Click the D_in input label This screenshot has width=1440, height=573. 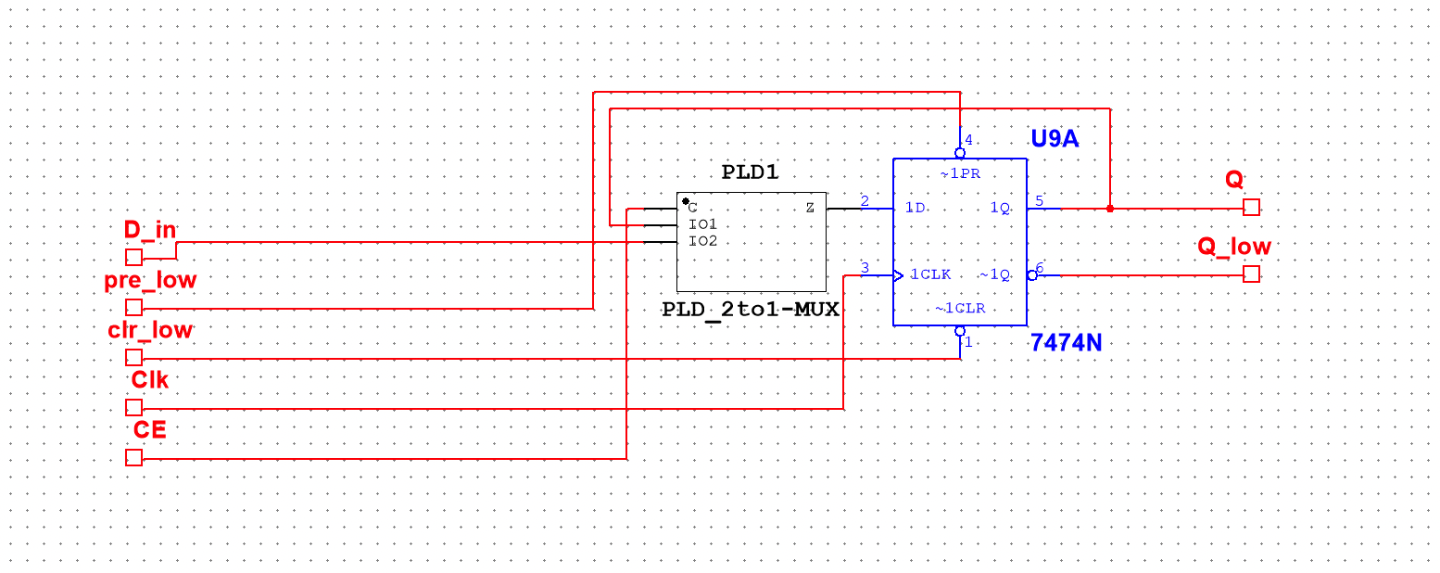tap(151, 230)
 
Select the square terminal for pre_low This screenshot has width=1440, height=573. tap(133, 307)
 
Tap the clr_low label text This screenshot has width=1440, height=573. tap(150, 329)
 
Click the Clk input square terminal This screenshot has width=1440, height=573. tap(133, 407)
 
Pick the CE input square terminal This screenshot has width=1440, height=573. tap(133, 457)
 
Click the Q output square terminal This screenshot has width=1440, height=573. tap(1251, 208)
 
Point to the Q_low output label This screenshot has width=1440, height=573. tap(1234, 247)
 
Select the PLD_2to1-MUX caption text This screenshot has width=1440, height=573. tap(751, 310)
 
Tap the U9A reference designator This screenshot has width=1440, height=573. tap(1055, 140)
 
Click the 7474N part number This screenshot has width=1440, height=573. tap(1066, 343)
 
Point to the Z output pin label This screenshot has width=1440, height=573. tap(810, 208)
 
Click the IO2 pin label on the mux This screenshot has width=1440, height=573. tap(702, 241)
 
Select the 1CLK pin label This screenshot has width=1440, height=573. tap(930, 274)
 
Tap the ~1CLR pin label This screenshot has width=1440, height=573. tap(959, 309)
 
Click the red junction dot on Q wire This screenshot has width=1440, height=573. tap(1110, 208)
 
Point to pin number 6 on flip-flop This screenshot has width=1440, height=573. tap(1040, 268)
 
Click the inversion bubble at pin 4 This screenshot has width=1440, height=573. tap(960, 153)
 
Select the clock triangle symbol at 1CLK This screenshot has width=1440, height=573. tap(898, 274)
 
